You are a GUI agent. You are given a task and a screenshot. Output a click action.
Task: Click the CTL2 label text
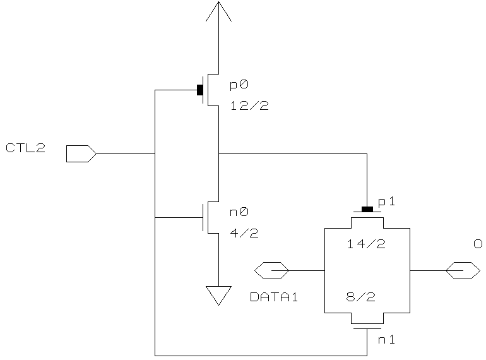click(x=25, y=149)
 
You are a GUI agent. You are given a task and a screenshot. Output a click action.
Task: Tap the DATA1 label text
click(x=274, y=296)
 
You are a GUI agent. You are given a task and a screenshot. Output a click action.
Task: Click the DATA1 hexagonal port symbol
click(x=271, y=270)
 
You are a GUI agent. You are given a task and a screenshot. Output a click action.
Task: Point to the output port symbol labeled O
click(x=463, y=270)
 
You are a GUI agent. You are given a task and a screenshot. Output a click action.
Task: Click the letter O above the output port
click(x=478, y=244)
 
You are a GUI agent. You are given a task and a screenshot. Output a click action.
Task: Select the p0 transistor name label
click(x=239, y=85)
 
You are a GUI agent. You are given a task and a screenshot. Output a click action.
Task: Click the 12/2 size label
click(x=249, y=106)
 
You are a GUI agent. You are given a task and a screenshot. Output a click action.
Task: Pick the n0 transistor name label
click(x=239, y=213)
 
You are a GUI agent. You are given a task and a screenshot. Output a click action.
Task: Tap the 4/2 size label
click(x=244, y=233)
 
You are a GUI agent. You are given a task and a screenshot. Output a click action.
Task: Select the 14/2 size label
click(x=366, y=244)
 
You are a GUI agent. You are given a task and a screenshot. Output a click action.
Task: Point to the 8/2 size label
click(x=366, y=296)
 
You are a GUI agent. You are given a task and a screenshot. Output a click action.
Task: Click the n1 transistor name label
click(x=386, y=340)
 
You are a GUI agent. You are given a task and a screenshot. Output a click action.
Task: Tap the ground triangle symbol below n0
click(x=218, y=294)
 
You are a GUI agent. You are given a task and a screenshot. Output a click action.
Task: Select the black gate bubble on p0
click(x=200, y=90)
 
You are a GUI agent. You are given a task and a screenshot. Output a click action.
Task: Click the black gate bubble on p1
click(x=367, y=209)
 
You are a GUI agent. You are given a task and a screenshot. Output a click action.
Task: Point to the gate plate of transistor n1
click(x=367, y=328)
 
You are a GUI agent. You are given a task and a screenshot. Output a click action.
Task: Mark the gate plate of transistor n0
click(x=203, y=217)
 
